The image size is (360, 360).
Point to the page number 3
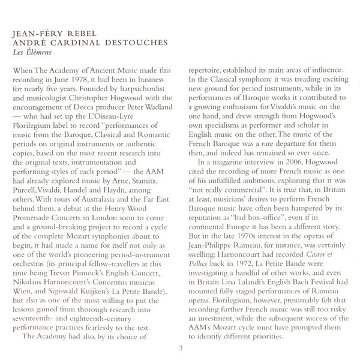click(x=180, y=349)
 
